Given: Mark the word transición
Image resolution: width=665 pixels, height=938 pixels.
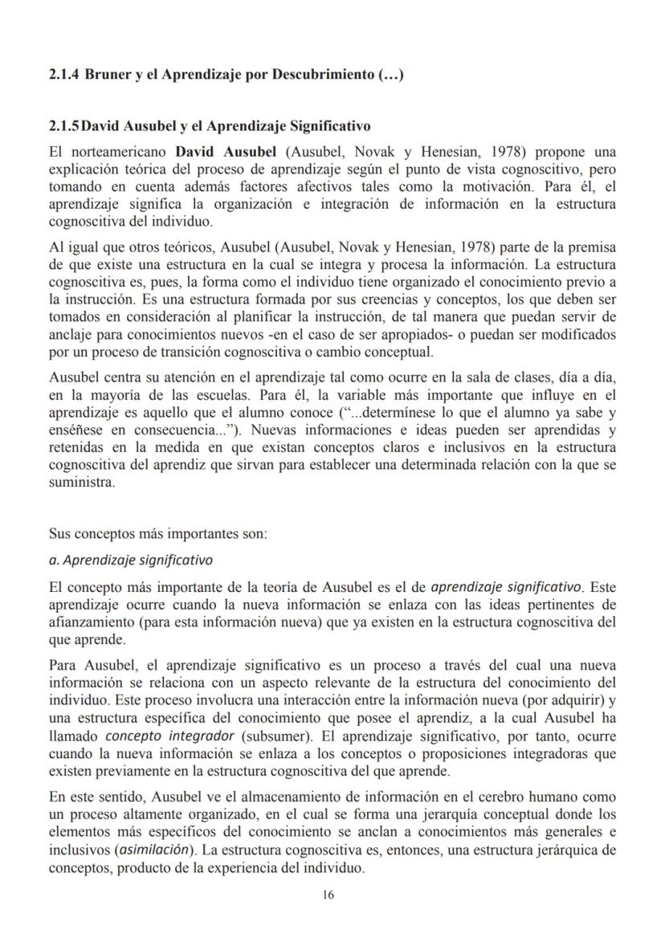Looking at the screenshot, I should coord(195,353).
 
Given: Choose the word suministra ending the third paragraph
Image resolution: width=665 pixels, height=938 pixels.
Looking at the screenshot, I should coord(83,483).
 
